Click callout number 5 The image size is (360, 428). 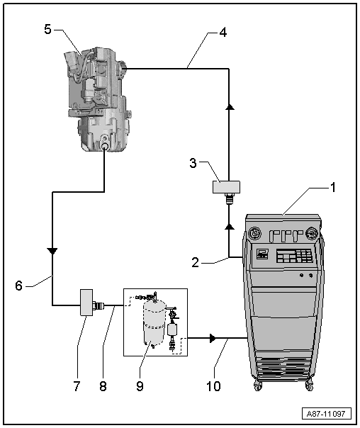(x=47, y=30)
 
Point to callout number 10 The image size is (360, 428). (x=213, y=387)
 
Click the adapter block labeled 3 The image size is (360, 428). (x=223, y=188)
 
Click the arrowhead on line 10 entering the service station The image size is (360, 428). (x=211, y=340)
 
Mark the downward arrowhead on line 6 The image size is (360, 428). (x=52, y=251)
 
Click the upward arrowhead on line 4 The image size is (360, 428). (x=228, y=106)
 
